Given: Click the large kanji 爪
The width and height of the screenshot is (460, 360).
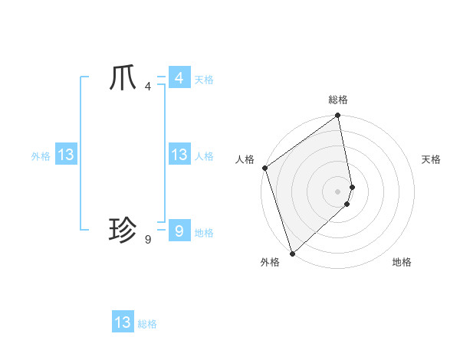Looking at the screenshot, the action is point(123,79).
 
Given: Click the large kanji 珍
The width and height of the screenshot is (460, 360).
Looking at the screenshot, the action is point(123,229).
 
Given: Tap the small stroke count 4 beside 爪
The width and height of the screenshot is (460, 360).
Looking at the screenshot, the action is point(148,87).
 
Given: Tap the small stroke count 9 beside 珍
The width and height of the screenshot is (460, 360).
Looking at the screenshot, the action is point(148,240).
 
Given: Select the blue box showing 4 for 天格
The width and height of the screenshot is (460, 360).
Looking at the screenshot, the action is point(179,78).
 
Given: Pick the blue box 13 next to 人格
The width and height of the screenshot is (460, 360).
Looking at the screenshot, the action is point(179,155).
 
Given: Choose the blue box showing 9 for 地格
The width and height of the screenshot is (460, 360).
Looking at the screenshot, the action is point(179,231).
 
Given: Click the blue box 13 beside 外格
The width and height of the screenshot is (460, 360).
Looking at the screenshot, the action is point(66,155).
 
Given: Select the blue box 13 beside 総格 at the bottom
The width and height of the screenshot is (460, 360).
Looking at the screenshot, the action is point(123,322).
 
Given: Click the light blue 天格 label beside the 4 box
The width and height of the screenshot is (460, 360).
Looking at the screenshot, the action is point(204,80).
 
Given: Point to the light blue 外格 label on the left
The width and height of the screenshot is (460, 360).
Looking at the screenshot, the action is point(41,156).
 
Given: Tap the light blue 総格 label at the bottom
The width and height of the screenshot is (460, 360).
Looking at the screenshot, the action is point(147,324).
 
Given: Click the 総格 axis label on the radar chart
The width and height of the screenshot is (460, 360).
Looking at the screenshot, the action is point(338,100).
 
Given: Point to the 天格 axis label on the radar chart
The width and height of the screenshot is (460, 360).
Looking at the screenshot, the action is point(431,159).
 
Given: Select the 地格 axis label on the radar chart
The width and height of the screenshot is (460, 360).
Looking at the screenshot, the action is point(402,262).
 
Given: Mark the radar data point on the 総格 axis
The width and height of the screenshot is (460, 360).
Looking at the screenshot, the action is point(338,116).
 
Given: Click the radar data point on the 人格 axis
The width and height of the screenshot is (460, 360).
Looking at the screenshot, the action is point(264,168).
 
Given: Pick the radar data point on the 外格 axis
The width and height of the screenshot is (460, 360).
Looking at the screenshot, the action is point(292,254).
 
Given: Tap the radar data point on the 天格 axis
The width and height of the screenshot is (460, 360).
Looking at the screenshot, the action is point(353,187).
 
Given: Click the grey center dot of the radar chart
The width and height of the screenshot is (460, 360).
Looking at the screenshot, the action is point(338,191).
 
